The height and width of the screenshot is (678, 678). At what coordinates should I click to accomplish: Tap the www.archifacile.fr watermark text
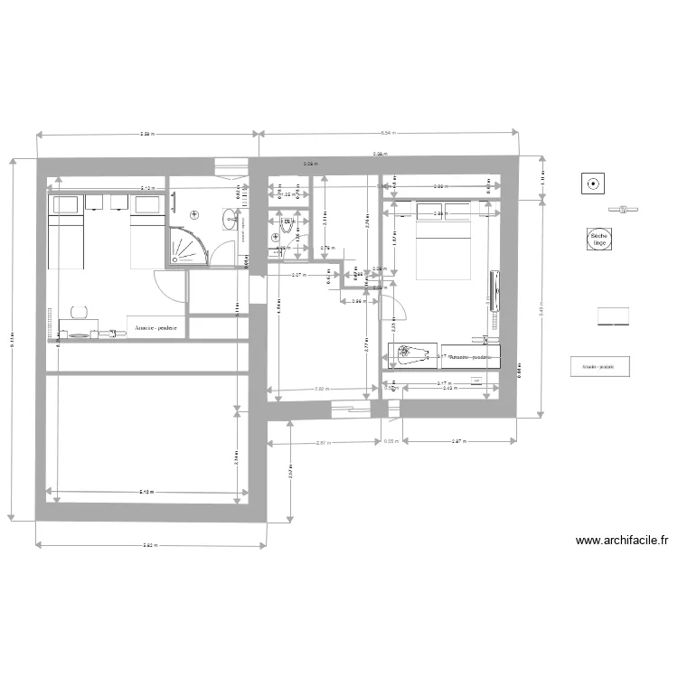point(622,541)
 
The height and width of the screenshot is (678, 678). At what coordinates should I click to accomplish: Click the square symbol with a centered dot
point(594,184)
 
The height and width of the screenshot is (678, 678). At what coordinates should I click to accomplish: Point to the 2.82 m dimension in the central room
point(321,390)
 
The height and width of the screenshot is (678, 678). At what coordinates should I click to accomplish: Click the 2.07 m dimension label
point(297,275)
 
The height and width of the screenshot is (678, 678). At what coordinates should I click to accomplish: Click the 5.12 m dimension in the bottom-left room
point(146,493)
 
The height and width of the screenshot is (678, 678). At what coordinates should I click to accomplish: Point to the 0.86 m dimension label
point(357,301)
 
